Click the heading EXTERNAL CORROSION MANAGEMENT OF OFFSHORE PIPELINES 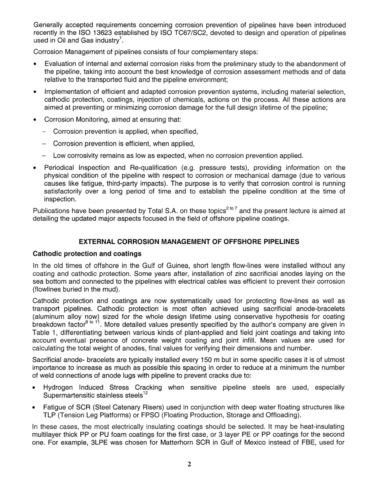[x=189, y=242]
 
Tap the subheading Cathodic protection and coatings [x=87, y=254]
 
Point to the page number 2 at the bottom [x=189, y=464]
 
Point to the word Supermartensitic [x=68, y=396]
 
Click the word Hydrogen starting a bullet [x=59, y=388]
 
